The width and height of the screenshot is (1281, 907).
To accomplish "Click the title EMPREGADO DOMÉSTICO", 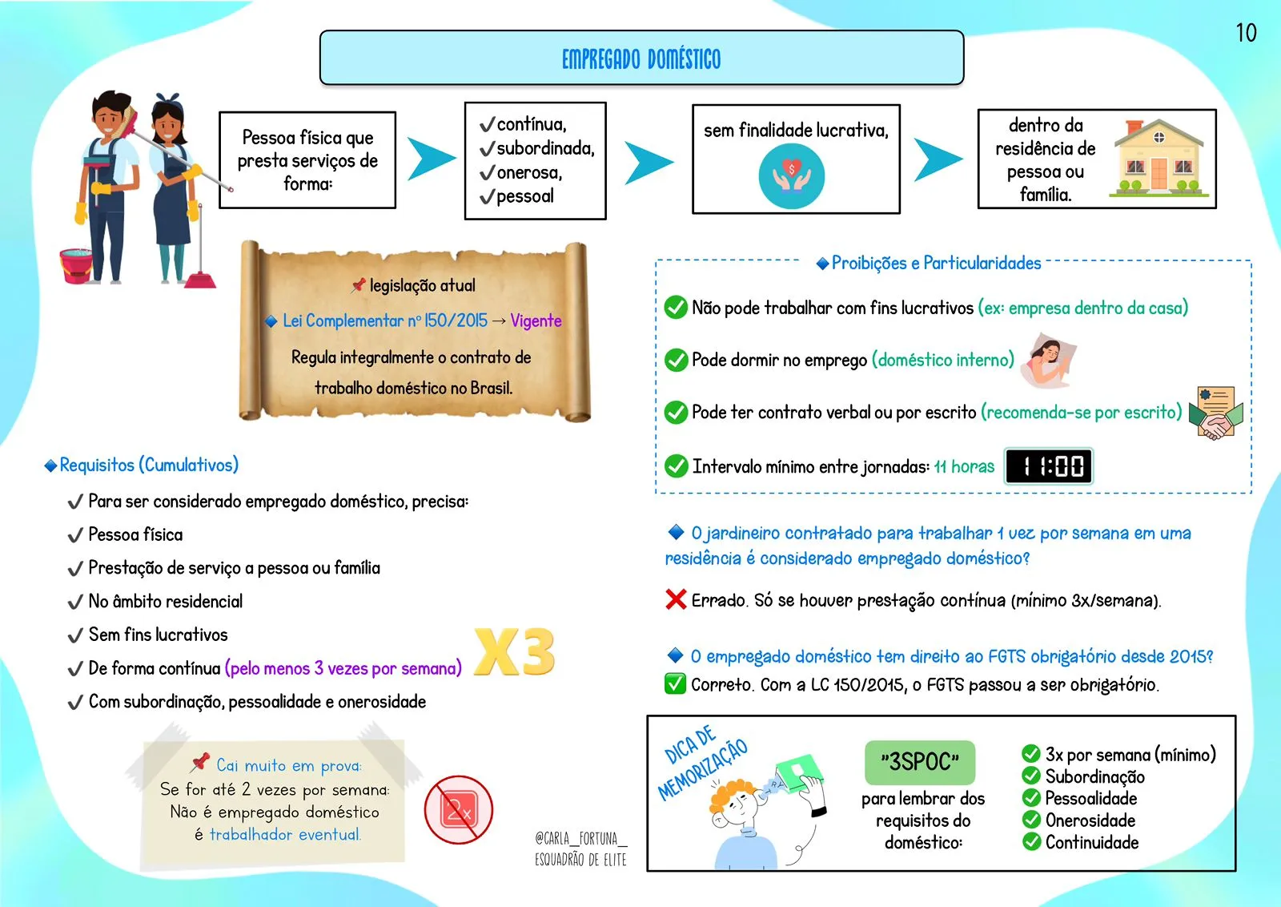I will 641,59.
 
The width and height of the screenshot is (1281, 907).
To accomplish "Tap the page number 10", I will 1246,33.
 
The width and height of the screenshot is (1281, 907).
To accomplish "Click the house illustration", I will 1159,158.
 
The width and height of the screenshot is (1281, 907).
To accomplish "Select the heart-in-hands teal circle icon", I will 791,176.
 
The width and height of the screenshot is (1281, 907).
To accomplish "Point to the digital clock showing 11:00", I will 1049,466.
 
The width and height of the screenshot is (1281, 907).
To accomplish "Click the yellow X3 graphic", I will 514,652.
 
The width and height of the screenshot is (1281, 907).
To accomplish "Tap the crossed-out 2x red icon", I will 459,810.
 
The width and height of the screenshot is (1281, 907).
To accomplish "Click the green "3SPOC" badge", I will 920,762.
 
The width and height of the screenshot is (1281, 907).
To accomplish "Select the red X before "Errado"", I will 676,599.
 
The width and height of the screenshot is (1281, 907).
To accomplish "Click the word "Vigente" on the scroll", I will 536,321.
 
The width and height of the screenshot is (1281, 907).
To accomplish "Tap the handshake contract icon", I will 1216,413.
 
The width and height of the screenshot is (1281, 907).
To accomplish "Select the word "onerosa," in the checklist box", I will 529,173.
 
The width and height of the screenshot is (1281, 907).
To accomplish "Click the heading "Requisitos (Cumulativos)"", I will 149,466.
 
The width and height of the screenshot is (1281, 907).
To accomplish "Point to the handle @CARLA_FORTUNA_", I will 580,839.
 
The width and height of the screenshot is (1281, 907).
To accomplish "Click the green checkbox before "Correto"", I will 675,684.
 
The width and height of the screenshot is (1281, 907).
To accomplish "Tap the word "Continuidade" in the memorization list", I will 1091,843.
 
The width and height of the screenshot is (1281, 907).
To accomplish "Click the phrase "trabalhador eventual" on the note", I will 285,835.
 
